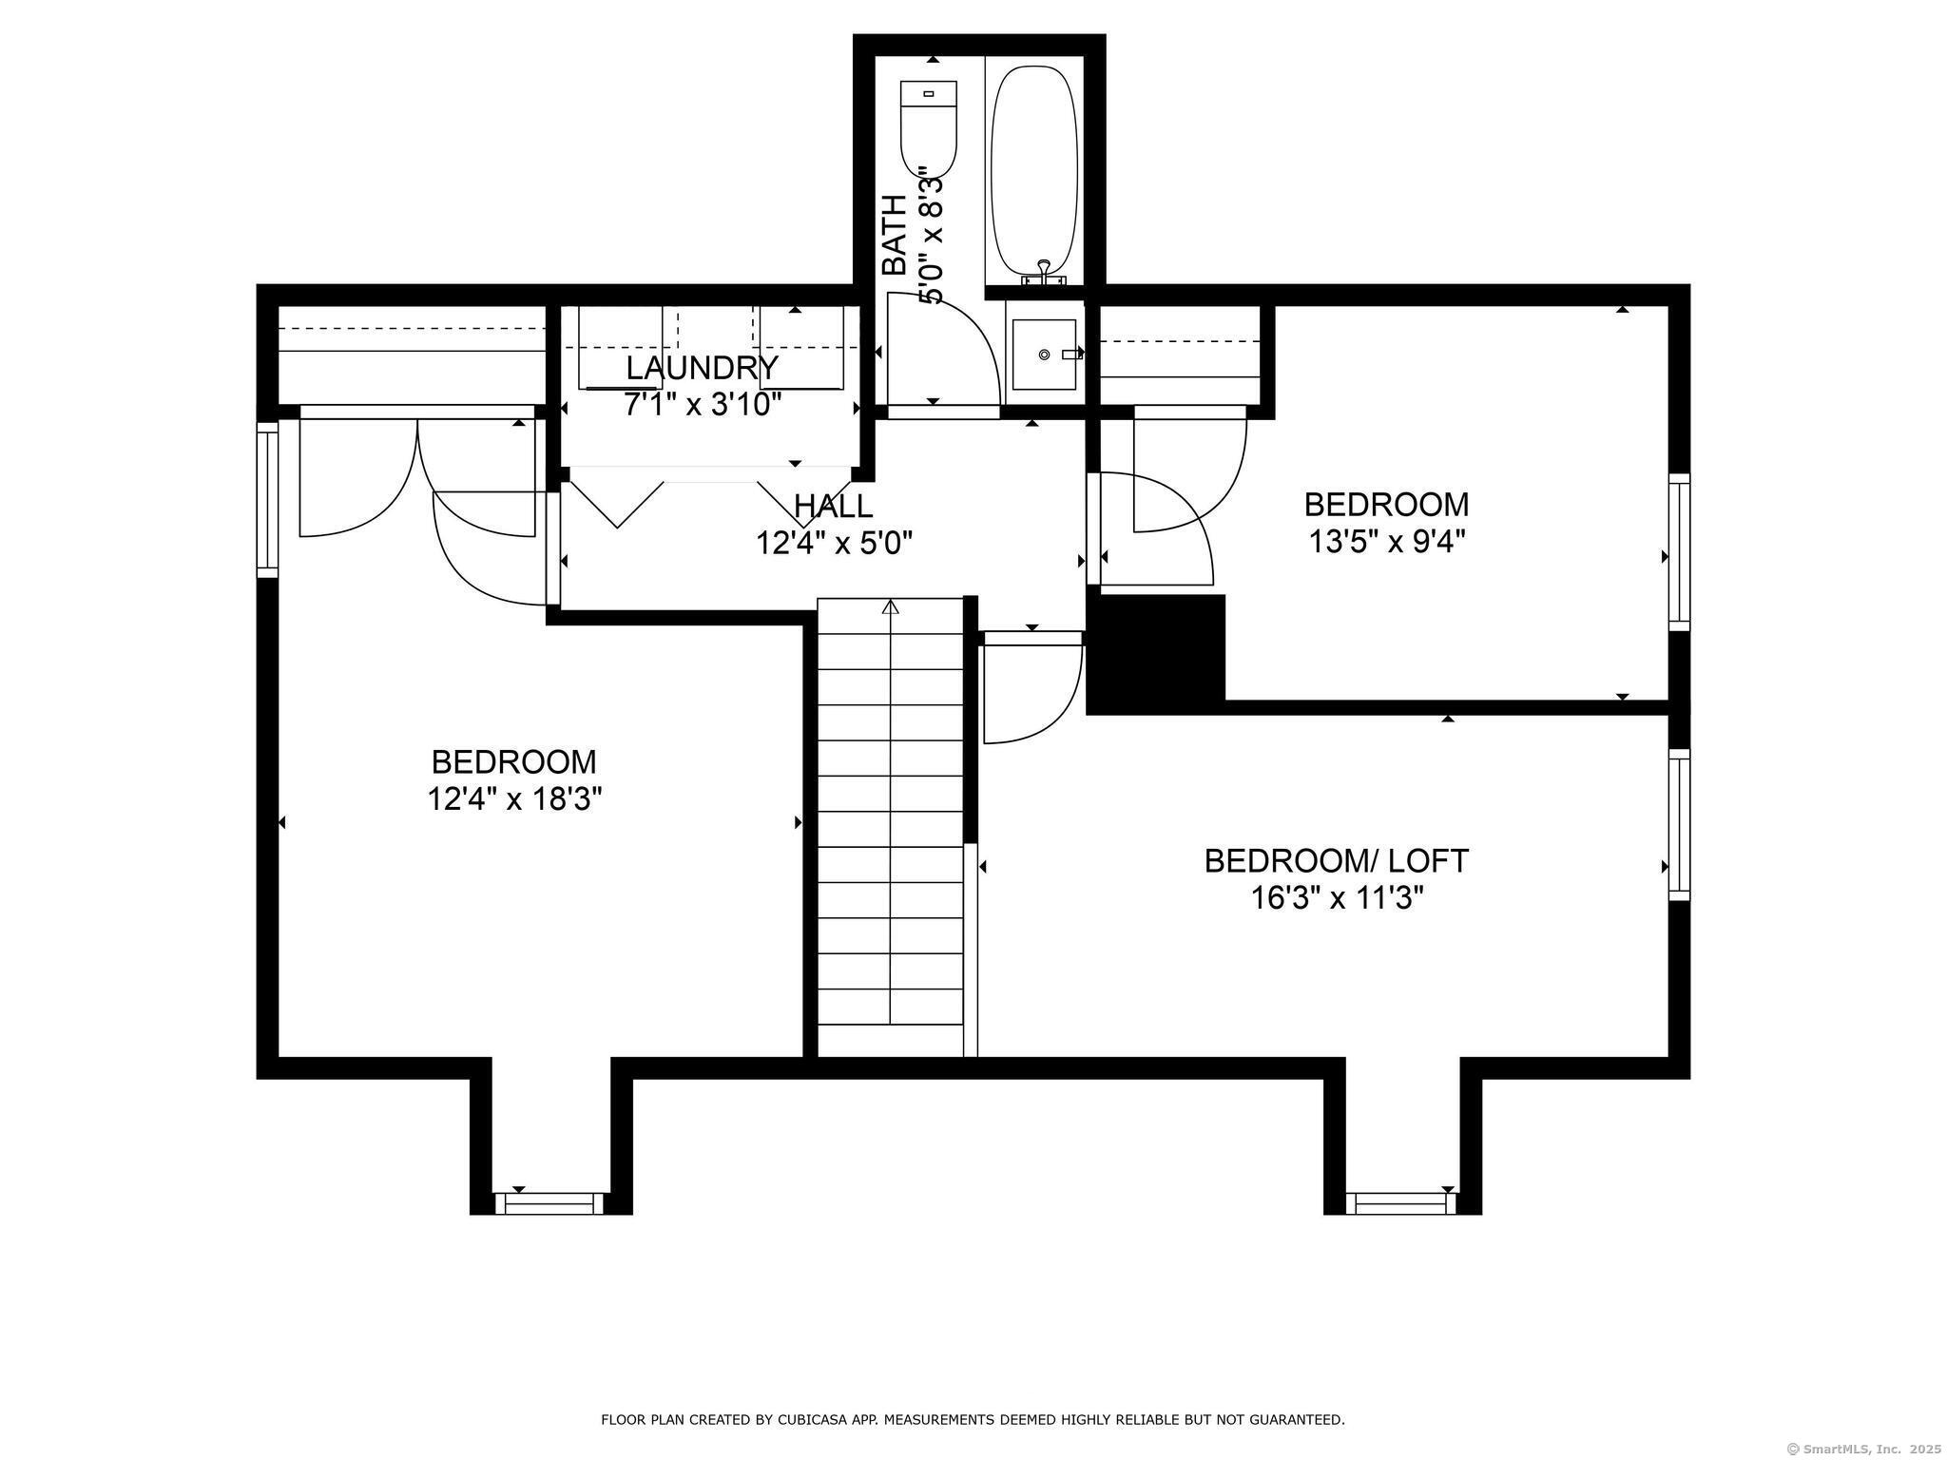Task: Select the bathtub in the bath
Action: point(1034,171)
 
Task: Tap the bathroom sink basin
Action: point(1044,355)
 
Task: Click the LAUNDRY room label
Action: point(702,367)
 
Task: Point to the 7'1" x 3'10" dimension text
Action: point(702,405)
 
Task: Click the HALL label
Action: point(833,505)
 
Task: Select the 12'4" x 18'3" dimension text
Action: point(514,799)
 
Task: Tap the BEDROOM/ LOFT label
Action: point(1336,860)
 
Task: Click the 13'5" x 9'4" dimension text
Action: point(1386,542)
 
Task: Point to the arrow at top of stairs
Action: point(891,607)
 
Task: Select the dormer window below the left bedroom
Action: point(549,1203)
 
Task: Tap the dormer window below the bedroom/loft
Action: point(1401,1203)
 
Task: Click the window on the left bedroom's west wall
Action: point(267,499)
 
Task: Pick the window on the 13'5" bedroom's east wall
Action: point(1679,551)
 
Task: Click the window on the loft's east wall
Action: point(1679,824)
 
